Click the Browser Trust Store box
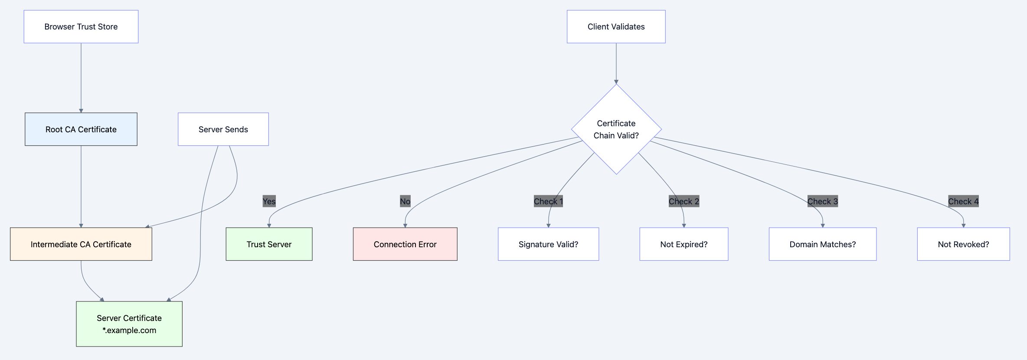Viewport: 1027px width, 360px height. coord(81,27)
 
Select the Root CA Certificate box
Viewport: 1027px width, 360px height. coord(81,129)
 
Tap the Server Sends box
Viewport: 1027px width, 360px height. coord(223,129)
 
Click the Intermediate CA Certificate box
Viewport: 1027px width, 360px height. coord(81,244)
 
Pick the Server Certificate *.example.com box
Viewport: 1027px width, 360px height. coord(129,324)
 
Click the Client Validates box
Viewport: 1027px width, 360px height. coord(616,27)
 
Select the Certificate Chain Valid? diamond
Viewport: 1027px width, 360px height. coord(616,129)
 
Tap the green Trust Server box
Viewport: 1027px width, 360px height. coord(269,244)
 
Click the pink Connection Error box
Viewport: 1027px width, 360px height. coord(405,244)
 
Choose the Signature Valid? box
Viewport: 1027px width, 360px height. coord(548,244)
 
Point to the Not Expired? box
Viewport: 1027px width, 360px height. coord(684,244)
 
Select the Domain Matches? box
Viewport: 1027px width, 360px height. coord(822,244)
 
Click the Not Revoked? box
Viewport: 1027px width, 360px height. coord(963,244)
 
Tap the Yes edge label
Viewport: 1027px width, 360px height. coord(269,201)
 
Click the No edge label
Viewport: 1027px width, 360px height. coord(405,201)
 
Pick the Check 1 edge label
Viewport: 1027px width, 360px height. coord(548,201)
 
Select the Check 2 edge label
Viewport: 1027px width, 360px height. coord(684,201)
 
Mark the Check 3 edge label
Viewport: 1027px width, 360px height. coord(822,201)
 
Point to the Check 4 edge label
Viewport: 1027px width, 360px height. coord(963,201)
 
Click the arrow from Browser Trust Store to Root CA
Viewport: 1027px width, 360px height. coord(81,78)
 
